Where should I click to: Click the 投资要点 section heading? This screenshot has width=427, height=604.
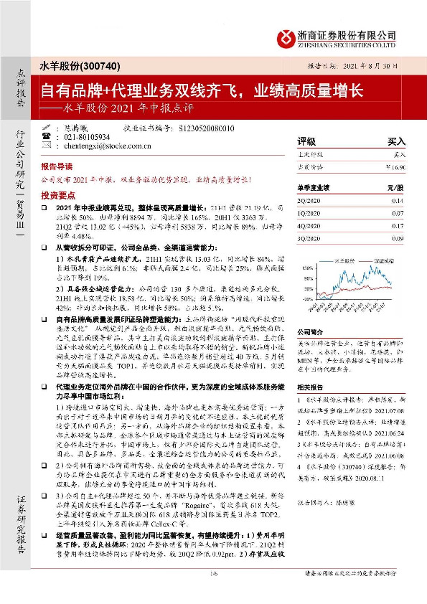pos(58,195)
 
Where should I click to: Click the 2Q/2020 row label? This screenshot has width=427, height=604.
pos(312,202)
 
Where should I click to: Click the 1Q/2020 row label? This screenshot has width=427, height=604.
pos(312,214)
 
